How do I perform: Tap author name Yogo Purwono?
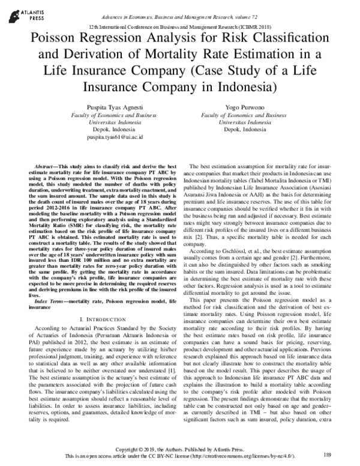242,106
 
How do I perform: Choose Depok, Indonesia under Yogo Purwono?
242,129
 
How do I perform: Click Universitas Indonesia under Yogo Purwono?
242,121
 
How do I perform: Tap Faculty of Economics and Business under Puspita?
95,113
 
